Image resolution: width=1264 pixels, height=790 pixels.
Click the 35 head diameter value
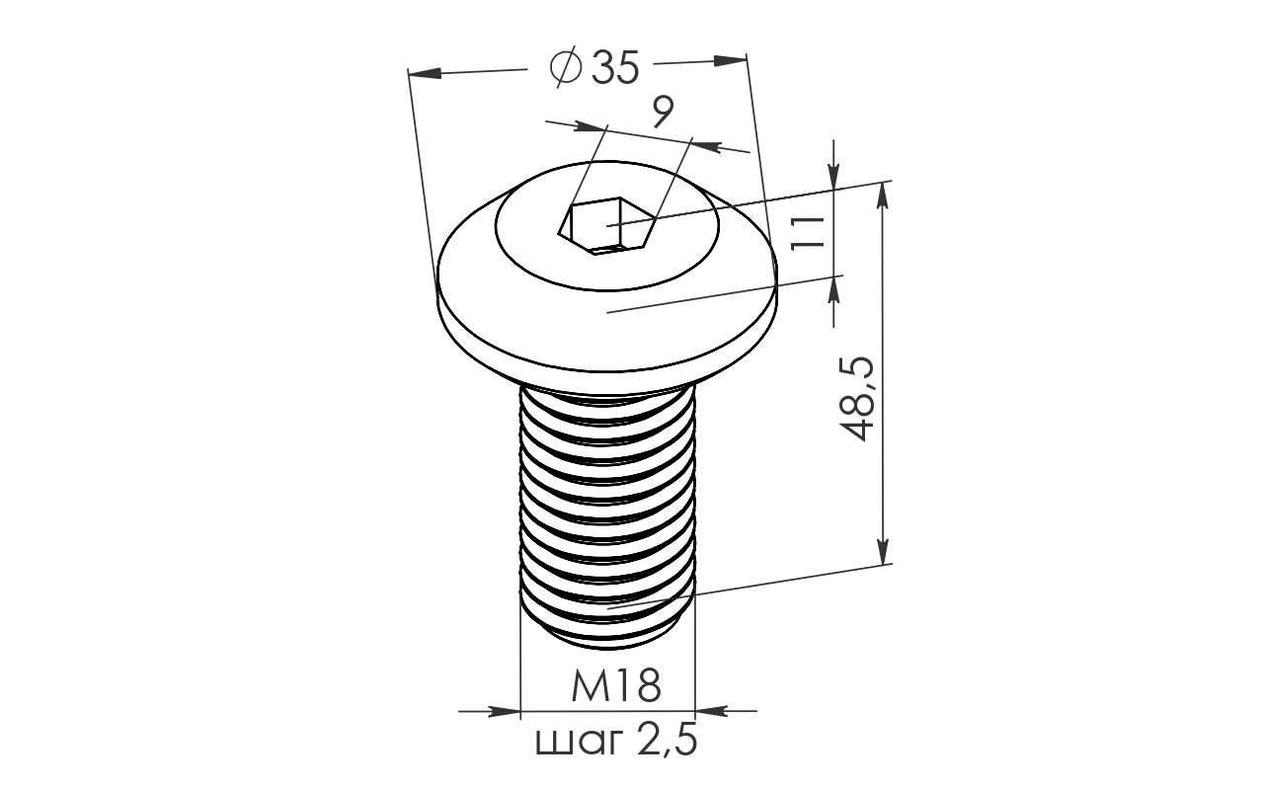pos(615,68)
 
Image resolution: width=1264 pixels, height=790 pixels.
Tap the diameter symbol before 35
pos(566,66)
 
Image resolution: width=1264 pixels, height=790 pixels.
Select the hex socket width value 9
pos(663,112)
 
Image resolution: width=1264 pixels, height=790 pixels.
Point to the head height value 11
pos(808,233)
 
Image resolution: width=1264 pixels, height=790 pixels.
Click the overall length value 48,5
pos(857,398)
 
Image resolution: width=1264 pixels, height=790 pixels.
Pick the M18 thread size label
pos(615,685)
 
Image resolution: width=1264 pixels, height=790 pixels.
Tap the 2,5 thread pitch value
pos(668,741)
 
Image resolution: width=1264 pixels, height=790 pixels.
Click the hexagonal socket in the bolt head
pos(607,226)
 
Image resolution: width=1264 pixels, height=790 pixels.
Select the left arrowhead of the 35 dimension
pos(425,73)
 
